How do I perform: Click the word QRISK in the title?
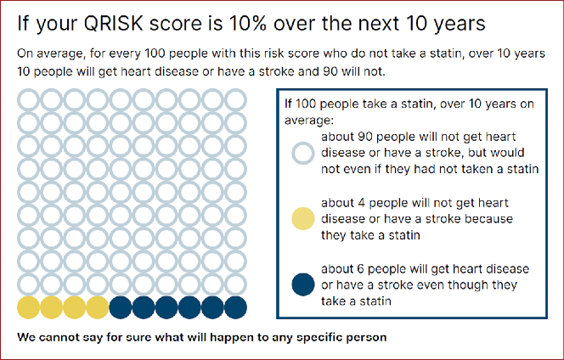(113, 24)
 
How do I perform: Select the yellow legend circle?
(303, 218)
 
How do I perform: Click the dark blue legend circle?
(303, 284)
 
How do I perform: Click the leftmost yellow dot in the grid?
(28, 307)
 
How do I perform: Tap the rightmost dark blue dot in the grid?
(235, 307)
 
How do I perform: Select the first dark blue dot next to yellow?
(121, 307)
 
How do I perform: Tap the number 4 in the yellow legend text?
(362, 203)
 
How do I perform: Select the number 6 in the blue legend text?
(360, 269)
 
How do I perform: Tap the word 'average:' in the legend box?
(309, 120)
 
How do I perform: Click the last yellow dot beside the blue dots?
(98, 307)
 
